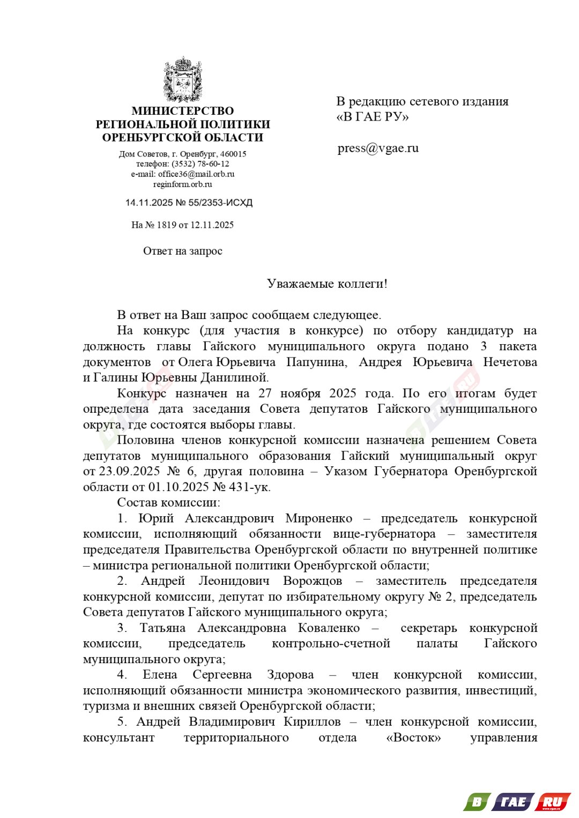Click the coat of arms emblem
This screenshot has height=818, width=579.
[x=183, y=79]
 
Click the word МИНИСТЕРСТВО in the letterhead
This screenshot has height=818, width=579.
[x=183, y=111]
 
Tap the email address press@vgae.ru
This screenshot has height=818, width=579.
[x=378, y=148]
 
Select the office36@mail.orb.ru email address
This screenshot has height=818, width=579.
[x=196, y=174]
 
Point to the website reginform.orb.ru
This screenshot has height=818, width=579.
[x=183, y=184]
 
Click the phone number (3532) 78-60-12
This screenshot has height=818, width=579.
[x=201, y=164]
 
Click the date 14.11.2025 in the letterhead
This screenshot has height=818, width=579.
[x=149, y=203]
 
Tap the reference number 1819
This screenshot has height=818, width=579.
[x=166, y=225]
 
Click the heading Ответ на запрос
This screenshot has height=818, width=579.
[x=183, y=251]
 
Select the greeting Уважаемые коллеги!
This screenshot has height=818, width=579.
[x=327, y=284]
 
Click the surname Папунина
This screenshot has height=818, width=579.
[x=316, y=362]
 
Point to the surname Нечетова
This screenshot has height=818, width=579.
[x=510, y=362]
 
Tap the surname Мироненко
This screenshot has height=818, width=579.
[x=319, y=518]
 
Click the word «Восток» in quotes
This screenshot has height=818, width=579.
[x=413, y=738]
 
